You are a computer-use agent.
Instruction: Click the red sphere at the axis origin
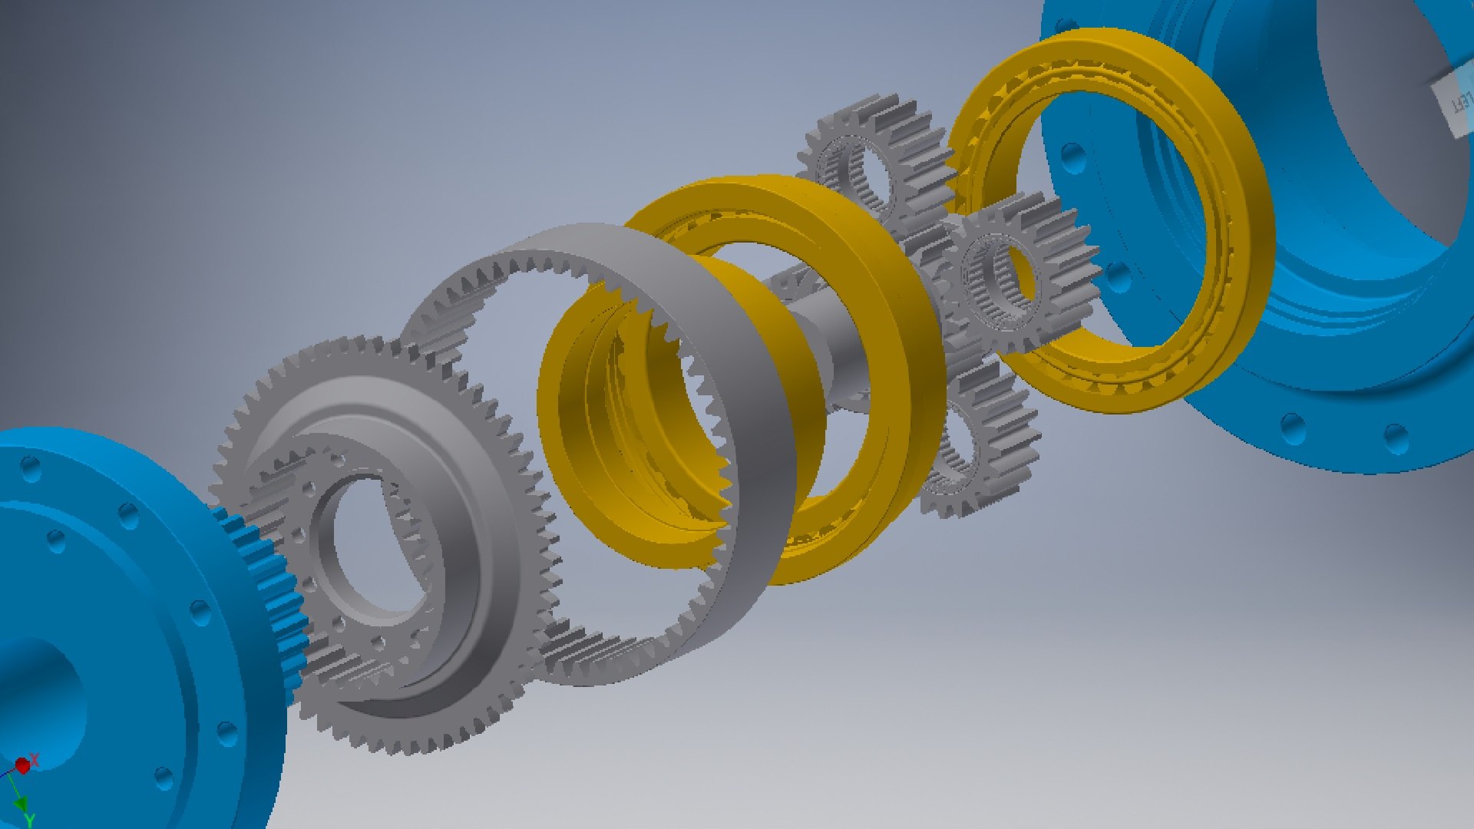(x=22, y=765)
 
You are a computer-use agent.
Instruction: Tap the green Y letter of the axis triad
(x=29, y=821)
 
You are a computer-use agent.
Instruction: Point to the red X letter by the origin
(x=35, y=759)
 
